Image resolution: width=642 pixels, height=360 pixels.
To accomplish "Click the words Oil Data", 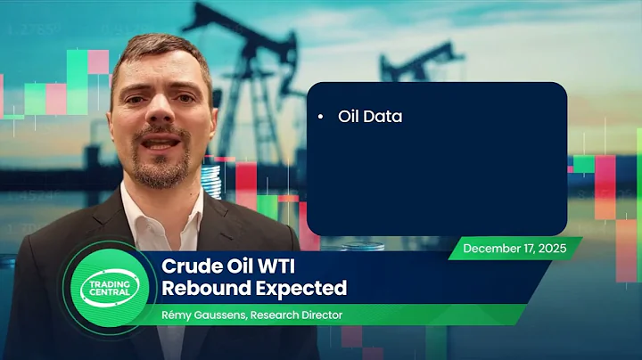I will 369,117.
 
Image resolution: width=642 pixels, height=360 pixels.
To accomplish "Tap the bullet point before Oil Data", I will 319,118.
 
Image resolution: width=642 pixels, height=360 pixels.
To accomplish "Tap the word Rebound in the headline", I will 198,288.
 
